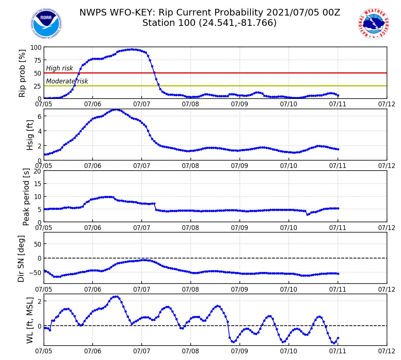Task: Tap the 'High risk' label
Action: [x=59, y=68]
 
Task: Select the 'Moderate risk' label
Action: [x=67, y=81]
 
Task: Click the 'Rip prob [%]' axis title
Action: [x=23, y=73]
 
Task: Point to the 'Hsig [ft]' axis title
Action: [x=30, y=135]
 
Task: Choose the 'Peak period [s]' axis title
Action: [x=26, y=196]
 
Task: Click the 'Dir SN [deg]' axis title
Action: [x=21, y=258]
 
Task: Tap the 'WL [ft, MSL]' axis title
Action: [x=30, y=320]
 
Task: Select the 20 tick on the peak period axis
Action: [x=37, y=171]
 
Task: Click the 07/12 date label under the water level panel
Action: [x=387, y=350]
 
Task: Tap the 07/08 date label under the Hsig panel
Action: [x=191, y=165]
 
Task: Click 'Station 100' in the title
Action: [x=169, y=23]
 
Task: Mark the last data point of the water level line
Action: [x=338, y=338]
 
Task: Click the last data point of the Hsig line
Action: [x=338, y=149]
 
